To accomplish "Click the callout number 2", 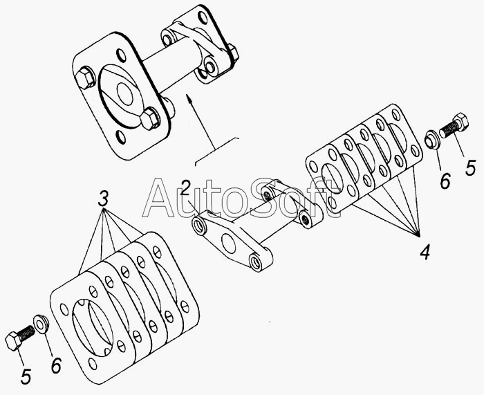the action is click(186, 187).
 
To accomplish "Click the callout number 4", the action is click(425, 252).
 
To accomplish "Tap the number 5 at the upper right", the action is click(470, 168).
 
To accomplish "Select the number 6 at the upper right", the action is click(445, 181).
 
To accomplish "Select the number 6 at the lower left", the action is click(56, 366).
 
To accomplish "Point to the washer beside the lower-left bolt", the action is click(41, 324).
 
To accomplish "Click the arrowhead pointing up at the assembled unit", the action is click(189, 98).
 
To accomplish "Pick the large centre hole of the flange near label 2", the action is click(228, 242).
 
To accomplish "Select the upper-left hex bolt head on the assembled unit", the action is click(85, 77).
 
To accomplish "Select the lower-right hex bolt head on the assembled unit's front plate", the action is click(150, 118).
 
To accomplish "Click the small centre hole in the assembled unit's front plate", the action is click(125, 93).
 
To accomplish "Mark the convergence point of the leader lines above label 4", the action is click(419, 237).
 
